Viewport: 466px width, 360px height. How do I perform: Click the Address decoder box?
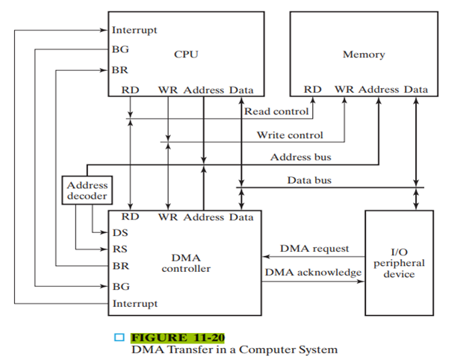pos(87,190)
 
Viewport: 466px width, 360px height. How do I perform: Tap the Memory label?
pos(364,55)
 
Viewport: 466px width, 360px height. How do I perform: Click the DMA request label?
pos(314,248)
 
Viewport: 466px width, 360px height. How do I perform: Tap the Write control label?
pos(290,135)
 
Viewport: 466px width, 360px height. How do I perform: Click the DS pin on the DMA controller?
pos(119,232)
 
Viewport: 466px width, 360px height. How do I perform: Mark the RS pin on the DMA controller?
pos(119,249)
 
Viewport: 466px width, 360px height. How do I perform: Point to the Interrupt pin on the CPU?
pos(134,31)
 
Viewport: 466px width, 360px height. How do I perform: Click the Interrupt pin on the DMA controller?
pos(134,304)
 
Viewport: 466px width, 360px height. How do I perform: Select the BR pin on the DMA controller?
pos(120,266)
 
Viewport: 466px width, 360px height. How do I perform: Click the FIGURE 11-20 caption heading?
pos(177,338)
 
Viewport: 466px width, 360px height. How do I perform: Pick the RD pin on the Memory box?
pos(312,90)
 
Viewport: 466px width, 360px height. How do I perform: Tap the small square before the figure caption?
pos(118,338)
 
